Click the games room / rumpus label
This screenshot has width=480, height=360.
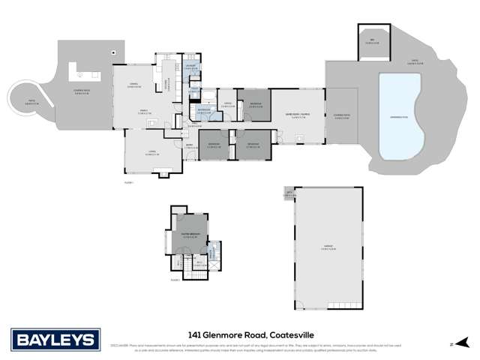297,116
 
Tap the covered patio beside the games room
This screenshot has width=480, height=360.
342,116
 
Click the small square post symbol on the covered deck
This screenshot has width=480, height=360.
112,52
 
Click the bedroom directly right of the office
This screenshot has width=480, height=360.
255,103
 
